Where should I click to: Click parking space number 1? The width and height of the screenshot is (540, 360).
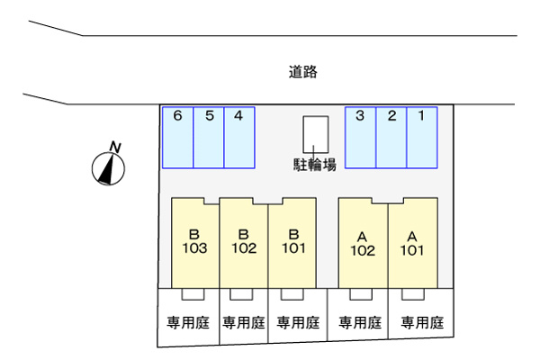point(421,137)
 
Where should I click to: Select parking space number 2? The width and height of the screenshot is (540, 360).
point(391,137)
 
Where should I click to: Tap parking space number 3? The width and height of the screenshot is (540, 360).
point(361,137)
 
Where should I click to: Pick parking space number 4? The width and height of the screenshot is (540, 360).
point(238,137)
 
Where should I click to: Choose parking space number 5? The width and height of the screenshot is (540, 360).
point(208,137)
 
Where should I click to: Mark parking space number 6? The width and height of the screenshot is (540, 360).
point(177,137)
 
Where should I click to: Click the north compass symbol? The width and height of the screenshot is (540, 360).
point(109,166)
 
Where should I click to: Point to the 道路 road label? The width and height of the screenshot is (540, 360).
point(303,71)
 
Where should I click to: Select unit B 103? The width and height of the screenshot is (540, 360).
point(195,241)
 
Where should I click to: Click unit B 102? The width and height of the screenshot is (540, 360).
point(243,241)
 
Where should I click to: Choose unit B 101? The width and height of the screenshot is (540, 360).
point(292,241)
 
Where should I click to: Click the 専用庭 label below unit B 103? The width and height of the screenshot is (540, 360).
point(187,322)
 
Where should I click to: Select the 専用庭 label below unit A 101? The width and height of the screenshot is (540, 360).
point(422,322)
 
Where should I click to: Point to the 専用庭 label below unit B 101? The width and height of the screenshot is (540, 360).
point(298,322)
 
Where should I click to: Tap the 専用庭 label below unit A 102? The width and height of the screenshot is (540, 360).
point(359,322)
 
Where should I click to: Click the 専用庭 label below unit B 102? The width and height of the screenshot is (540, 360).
point(243,322)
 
